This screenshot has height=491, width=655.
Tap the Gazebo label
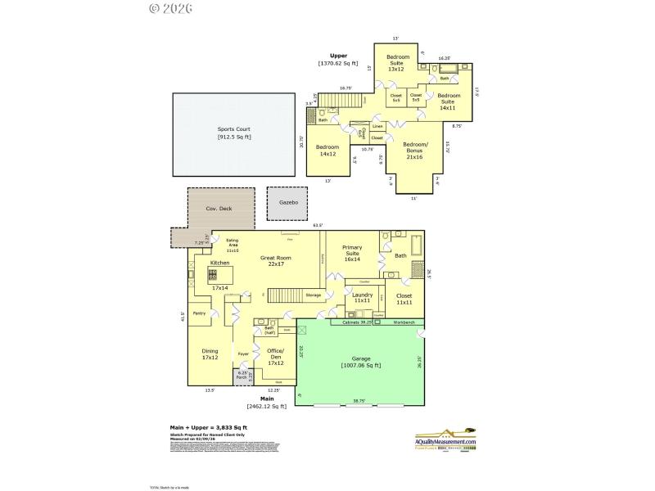287,200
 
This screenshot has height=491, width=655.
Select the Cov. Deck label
219,209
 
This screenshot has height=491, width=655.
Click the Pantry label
199,313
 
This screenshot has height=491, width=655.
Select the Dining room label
210,354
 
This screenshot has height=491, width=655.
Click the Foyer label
243,354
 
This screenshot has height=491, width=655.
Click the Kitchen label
219,263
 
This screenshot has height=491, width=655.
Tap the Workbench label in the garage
404,322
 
